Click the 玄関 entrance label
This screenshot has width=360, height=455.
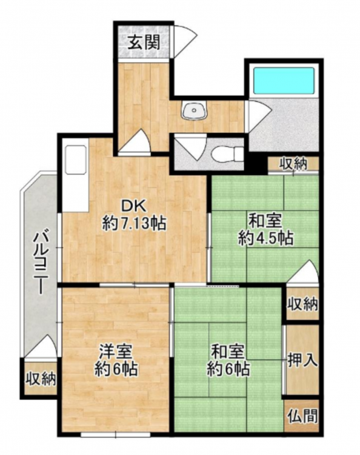tap(144, 43)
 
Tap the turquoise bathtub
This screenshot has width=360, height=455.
tap(284, 79)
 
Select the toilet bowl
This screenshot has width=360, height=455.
tap(227, 153)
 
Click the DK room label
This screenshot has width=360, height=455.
tap(133, 207)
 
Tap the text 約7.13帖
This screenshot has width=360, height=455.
tap(134, 224)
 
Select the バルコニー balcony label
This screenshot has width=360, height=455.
tap(41, 263)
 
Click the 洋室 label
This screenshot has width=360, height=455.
tap(116, 352)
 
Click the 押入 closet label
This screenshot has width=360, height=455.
tap(303, 360)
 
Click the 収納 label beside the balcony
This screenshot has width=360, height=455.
tap(41, 379)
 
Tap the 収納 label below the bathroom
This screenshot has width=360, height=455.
tap(293, 164)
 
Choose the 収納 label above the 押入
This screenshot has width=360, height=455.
tap(302, 305)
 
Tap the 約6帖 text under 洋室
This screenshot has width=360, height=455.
tap(116, 369)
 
